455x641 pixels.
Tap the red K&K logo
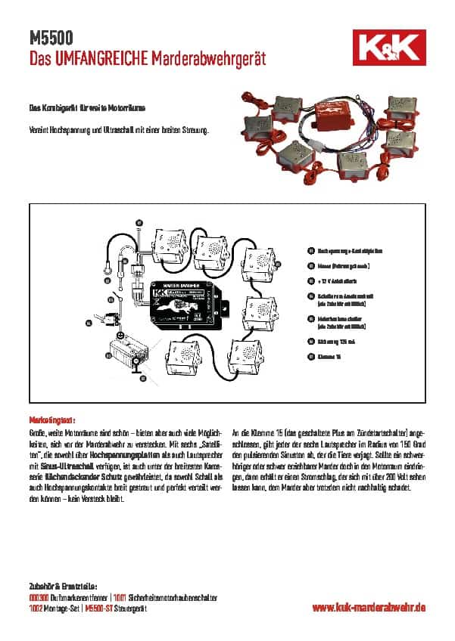(x=393, y=48)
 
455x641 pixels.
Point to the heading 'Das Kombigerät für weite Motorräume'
(x=83, y=110)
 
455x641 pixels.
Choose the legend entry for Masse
(x=338, y=265)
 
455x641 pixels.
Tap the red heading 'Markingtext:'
(x=52, y=418)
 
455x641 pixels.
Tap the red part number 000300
(x=38, y=597)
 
